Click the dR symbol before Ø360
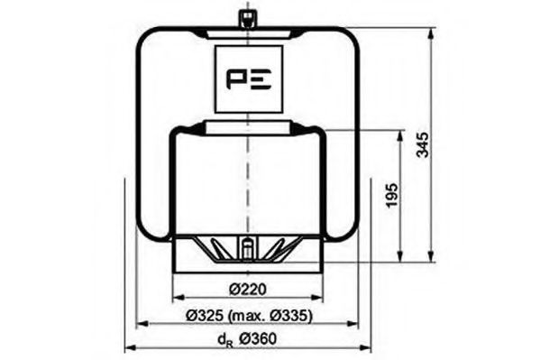tap(224, 340)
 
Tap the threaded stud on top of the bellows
tap(246, 19)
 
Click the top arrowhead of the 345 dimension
tap(434, 32)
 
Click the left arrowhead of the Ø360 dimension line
tap(128, 348)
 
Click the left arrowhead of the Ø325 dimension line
tap(141, 323)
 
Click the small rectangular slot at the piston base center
tap(246, 245)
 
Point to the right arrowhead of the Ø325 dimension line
tap(353, 323)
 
